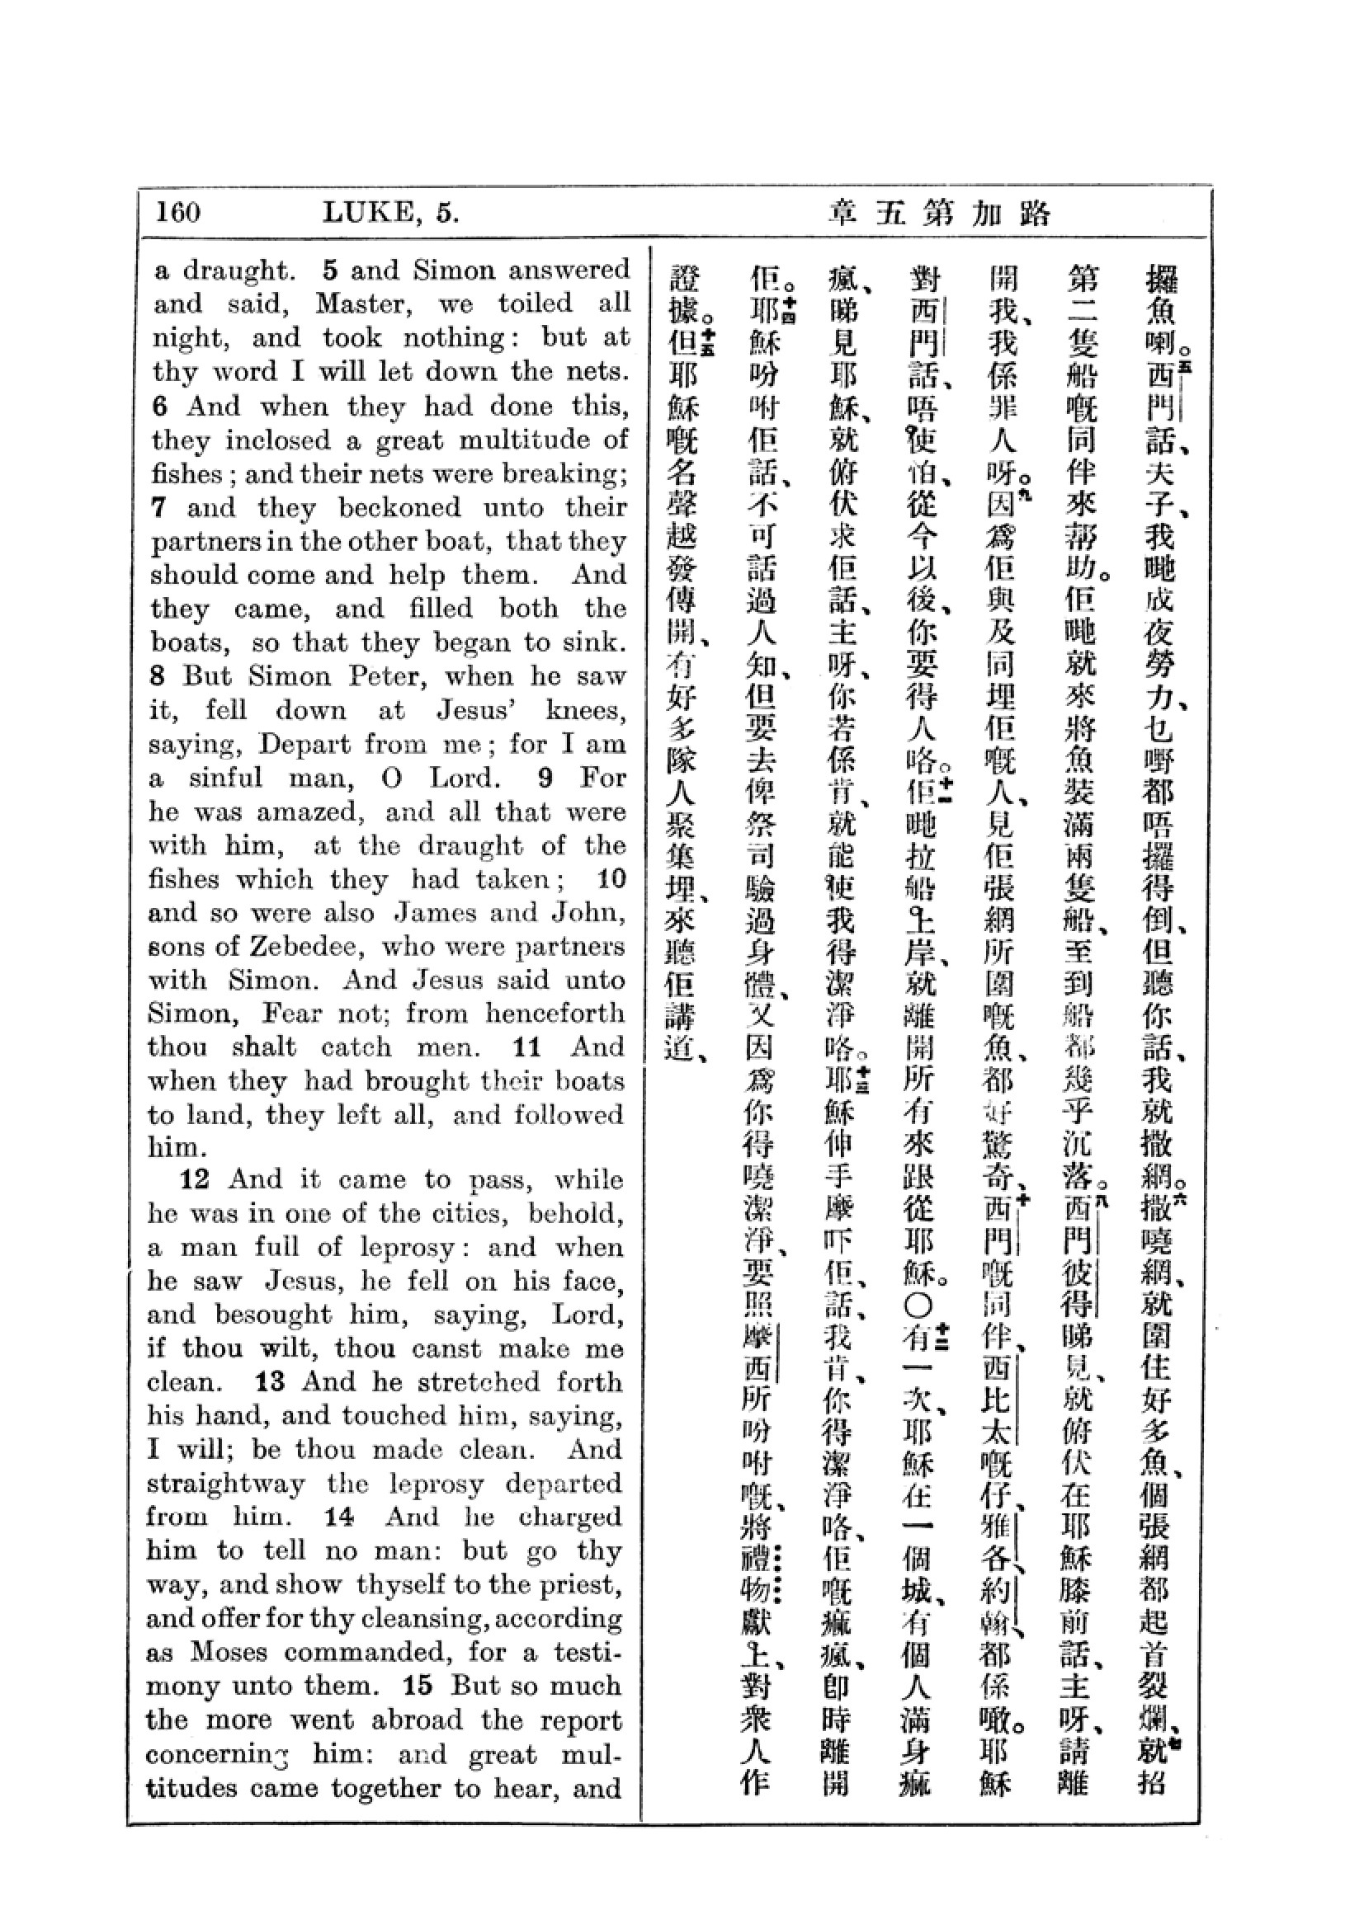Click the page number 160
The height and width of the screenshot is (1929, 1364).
pos(178,212)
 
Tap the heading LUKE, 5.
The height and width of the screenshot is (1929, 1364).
pos(391,213)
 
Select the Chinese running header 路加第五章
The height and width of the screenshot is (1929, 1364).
pos(940,214)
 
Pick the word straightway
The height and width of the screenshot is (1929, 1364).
pos(225,1484)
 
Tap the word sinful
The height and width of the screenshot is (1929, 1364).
pos(225,778)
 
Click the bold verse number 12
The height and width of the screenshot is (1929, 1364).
pos(194,1179)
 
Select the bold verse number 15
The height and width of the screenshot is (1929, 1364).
pos(418,1686)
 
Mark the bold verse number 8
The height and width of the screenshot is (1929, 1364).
pos(160,676)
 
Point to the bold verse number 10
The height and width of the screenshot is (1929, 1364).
pos(611,880)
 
